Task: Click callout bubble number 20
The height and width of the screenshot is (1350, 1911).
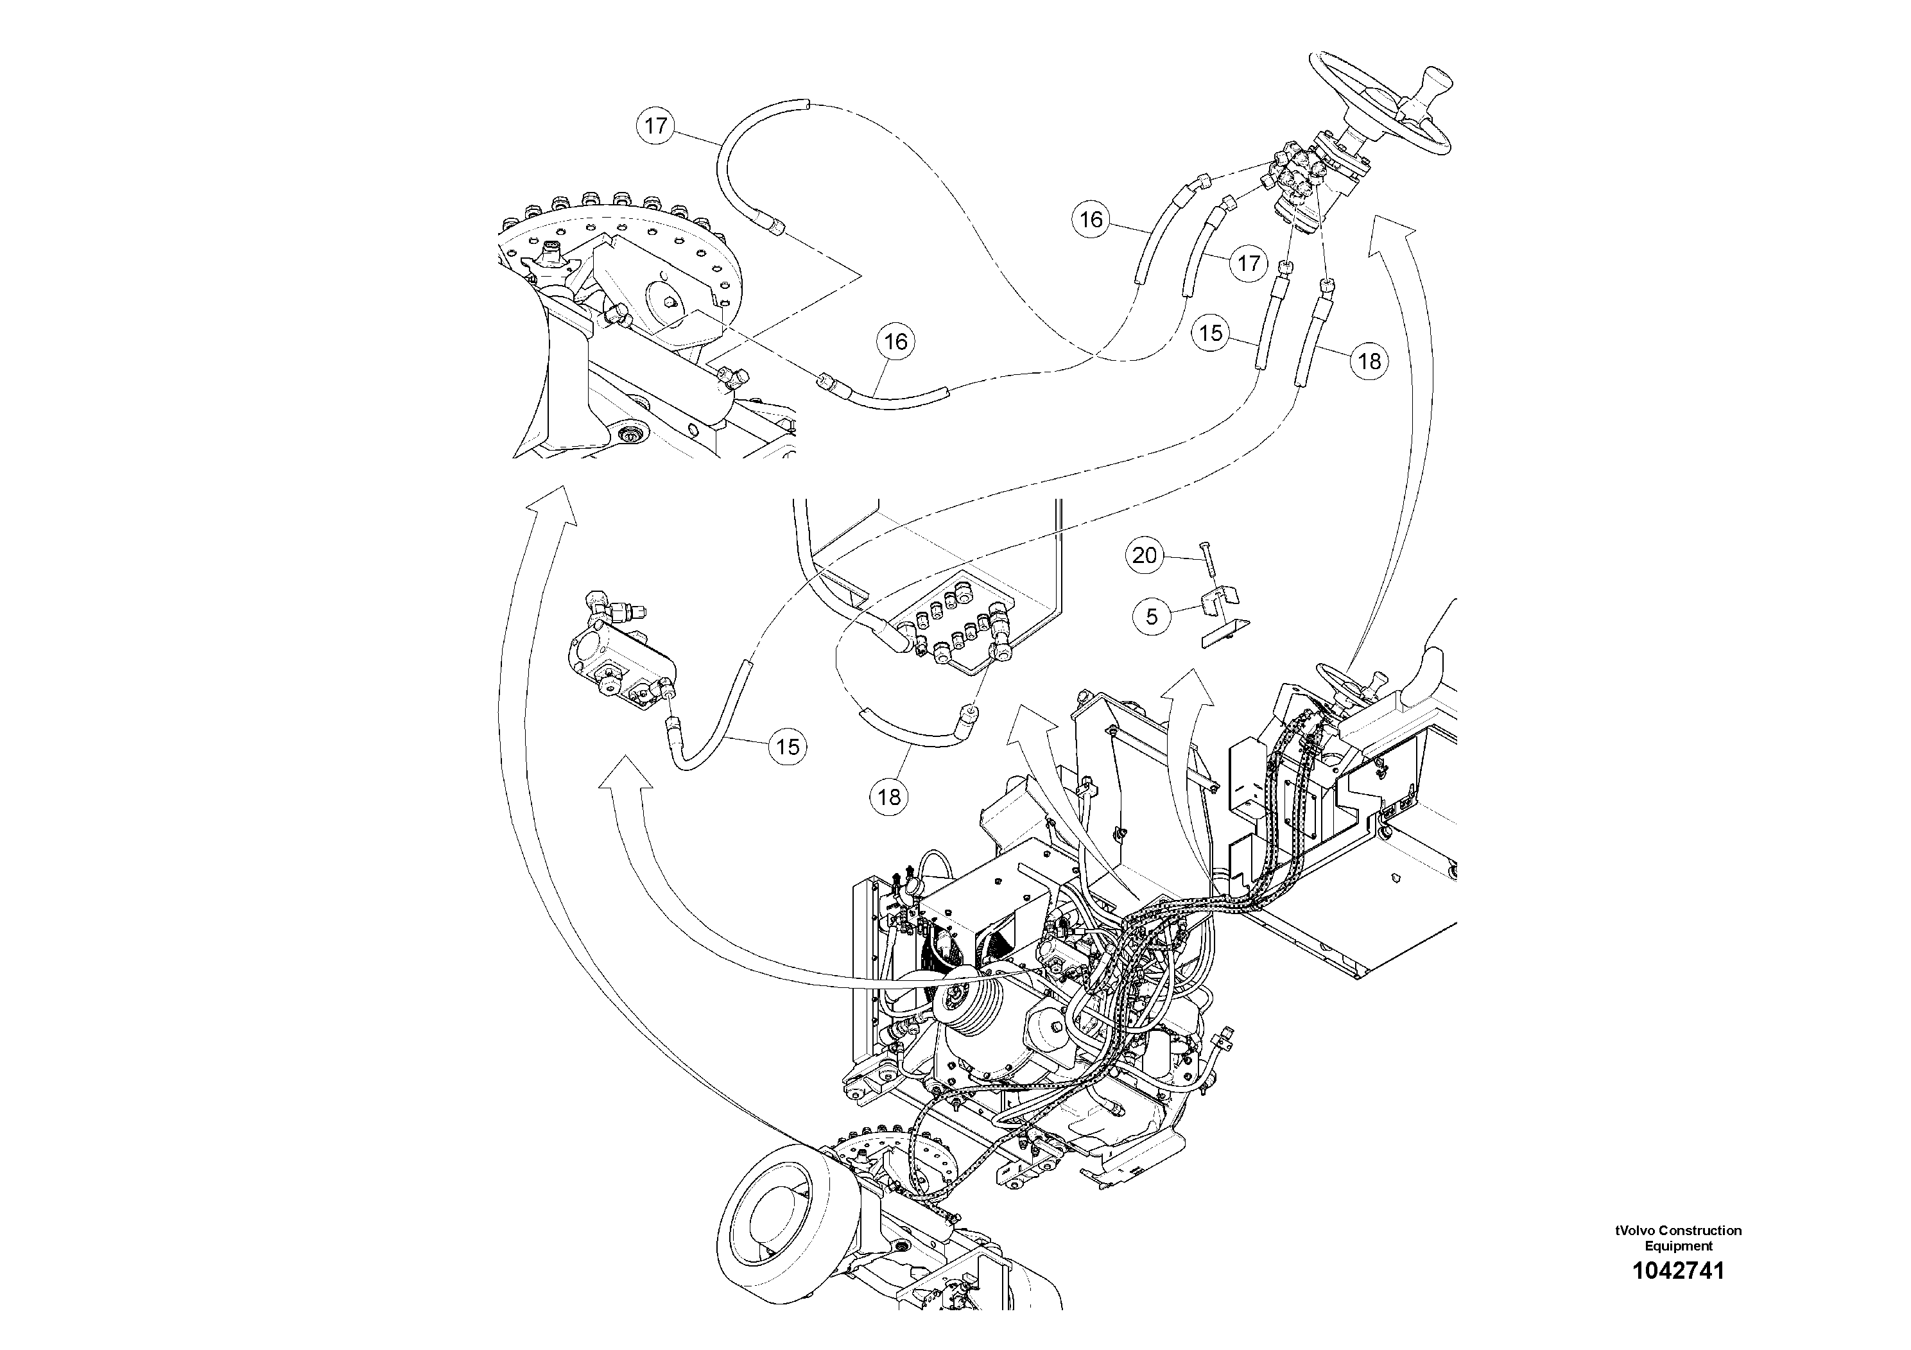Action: (1145, 555)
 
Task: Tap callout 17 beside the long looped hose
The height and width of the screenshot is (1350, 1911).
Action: (656, 126)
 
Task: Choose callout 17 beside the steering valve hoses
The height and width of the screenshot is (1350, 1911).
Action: (1249, 264)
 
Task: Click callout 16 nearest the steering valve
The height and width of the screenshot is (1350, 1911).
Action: (1091, 220)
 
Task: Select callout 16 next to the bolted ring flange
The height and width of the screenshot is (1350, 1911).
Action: (895, 342)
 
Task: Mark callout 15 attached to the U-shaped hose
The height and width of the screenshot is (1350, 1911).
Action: (788, 747)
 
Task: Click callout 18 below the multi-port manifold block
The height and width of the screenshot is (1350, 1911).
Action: (889, 797)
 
